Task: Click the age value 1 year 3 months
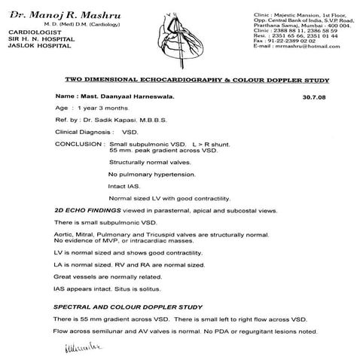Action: (103, 109)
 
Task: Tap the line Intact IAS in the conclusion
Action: (124, 185)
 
